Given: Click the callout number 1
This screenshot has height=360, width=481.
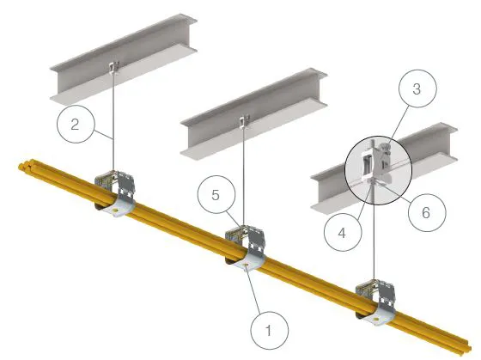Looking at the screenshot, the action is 268,331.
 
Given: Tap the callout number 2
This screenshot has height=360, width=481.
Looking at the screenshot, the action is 75,124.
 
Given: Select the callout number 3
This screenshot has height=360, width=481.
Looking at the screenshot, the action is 417,89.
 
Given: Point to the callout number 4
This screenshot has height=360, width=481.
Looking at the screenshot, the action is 342,233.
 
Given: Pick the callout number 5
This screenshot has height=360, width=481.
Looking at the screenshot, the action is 216,195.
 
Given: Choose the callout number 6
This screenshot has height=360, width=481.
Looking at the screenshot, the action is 426,212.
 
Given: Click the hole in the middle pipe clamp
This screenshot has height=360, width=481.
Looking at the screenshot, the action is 246,264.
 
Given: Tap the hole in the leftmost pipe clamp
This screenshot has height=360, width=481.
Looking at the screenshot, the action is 115,211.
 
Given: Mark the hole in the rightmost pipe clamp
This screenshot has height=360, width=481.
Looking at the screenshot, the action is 376,319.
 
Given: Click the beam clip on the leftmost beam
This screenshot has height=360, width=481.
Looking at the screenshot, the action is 114,68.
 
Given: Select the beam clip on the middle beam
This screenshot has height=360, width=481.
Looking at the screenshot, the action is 244,120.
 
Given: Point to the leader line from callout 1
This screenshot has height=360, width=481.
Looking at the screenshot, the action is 253,290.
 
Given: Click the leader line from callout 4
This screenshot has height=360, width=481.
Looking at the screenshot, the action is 365,199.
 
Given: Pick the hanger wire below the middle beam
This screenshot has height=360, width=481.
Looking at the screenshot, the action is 243,176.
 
